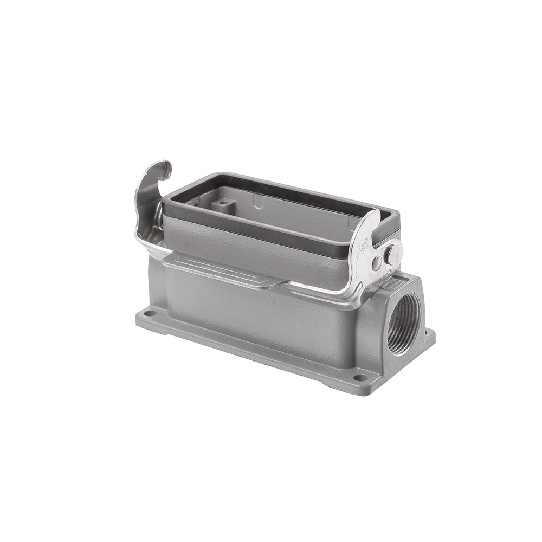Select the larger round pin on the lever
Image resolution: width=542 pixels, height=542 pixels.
[x=392, y=254]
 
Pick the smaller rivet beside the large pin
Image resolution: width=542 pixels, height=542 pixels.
[x=377, y=264]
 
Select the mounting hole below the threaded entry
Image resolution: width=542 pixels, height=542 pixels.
[x=359, y=377]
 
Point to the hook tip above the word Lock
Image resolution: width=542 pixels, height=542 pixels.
[x=374, y=215]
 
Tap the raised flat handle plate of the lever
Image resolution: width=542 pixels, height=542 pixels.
[x=222, y=270]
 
